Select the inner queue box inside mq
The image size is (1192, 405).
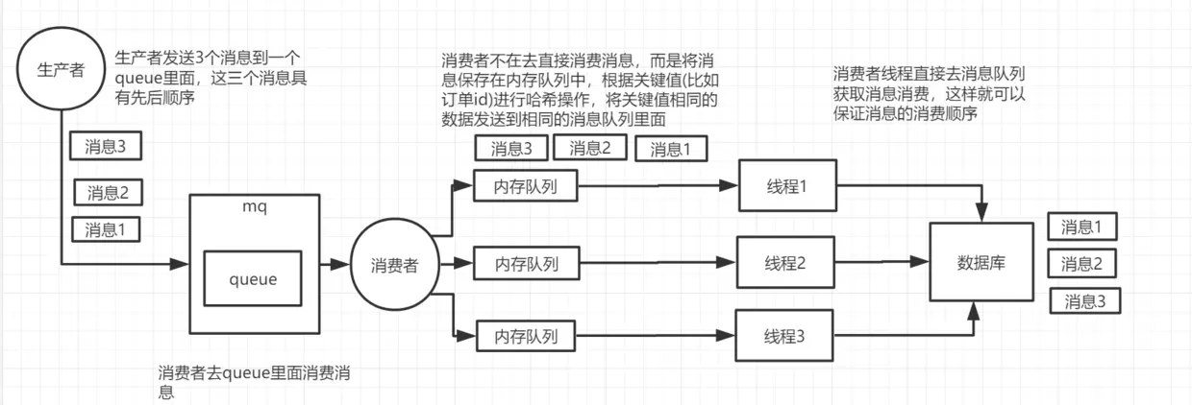(x=253, y=279)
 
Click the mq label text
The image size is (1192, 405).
(x=254, y=205)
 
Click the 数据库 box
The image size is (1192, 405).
(x=981, y=263)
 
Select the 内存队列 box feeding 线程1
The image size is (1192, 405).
(x=525, y=186)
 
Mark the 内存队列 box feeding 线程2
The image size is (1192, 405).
(x=526, y=261)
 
